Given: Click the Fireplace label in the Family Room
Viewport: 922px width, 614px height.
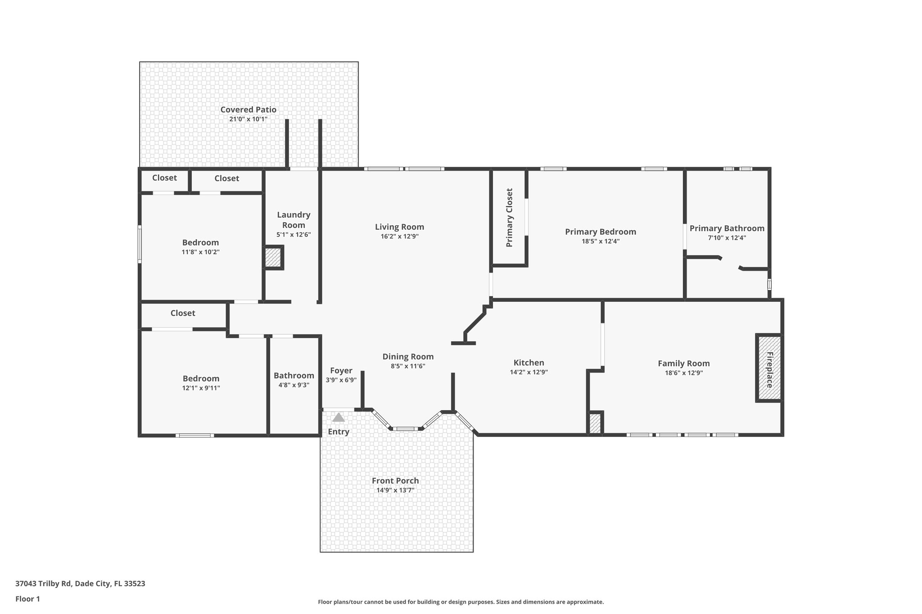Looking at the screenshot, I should coord(769,370).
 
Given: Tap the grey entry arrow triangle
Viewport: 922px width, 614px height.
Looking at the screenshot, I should coord(339,418).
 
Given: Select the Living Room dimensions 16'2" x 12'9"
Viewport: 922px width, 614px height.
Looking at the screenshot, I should coord(399,237).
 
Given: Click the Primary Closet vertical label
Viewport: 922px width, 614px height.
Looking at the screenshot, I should coord(509,218).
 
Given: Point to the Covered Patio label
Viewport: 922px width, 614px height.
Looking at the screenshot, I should coord(248,110).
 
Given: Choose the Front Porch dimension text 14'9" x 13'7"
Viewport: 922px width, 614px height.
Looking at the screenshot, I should coord(395,490).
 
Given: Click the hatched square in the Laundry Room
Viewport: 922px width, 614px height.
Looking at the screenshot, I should coord(272,258).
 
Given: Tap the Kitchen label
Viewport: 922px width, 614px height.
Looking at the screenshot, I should coord(529,363).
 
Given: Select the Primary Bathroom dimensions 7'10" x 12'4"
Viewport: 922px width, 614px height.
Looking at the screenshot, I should coord(727,238).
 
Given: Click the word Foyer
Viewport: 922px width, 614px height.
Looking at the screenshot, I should coord(341,371).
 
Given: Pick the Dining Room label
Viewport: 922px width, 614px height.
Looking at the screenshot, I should coord(408,357).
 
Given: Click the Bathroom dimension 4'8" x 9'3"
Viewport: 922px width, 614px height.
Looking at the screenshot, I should coord(294,385).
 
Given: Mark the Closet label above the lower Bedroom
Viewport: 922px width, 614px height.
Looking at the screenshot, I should coord(183,313).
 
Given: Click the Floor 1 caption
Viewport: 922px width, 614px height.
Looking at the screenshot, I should coord(27,599).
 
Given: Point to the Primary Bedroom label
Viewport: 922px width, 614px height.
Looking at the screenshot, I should coord(600,232).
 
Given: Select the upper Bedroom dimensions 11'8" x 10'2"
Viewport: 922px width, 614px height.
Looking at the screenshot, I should coord(200,252).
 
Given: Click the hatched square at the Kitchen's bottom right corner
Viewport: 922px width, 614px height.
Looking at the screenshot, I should coord(595,424).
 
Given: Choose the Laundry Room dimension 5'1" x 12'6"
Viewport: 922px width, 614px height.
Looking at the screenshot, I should coord(294,235).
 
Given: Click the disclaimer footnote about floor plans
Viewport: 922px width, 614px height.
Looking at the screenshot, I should coord(461,602).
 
